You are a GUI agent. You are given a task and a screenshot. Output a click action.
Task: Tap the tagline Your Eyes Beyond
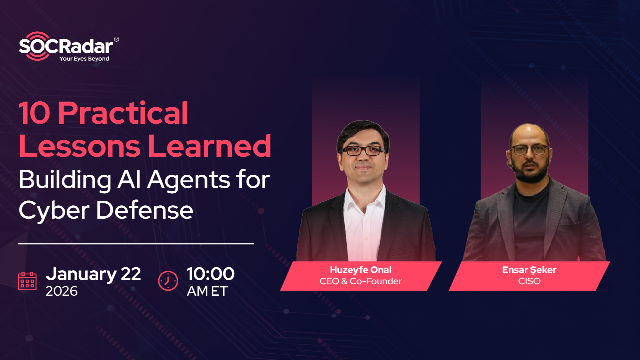pos(84,59)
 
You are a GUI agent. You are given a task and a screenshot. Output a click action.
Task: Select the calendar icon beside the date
pos(28,279)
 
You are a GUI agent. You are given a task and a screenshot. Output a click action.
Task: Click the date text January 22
pos(94,273)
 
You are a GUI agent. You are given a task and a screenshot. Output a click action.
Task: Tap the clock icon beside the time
pos(168,279)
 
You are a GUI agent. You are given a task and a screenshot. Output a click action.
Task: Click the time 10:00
pos(210,273)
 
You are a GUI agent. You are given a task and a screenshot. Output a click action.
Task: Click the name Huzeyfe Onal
pos(361,269)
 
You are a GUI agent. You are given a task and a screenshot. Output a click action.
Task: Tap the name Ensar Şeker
pos(528,269)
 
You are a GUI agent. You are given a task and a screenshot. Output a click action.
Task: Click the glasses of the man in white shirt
pos(361,150)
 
